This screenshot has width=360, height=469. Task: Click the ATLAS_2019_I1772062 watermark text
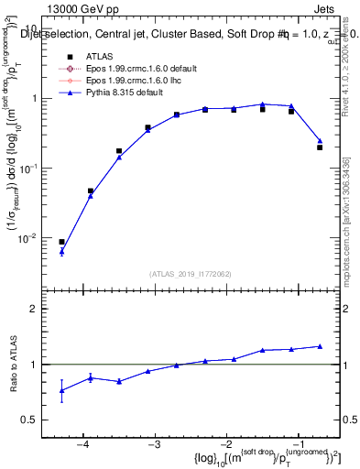coord(191,273)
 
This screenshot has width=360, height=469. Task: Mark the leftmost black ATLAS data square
coord(61,242)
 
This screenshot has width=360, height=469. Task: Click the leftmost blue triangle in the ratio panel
coord(61,390)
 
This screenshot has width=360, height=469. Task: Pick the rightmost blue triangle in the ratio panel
coord(320,346)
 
